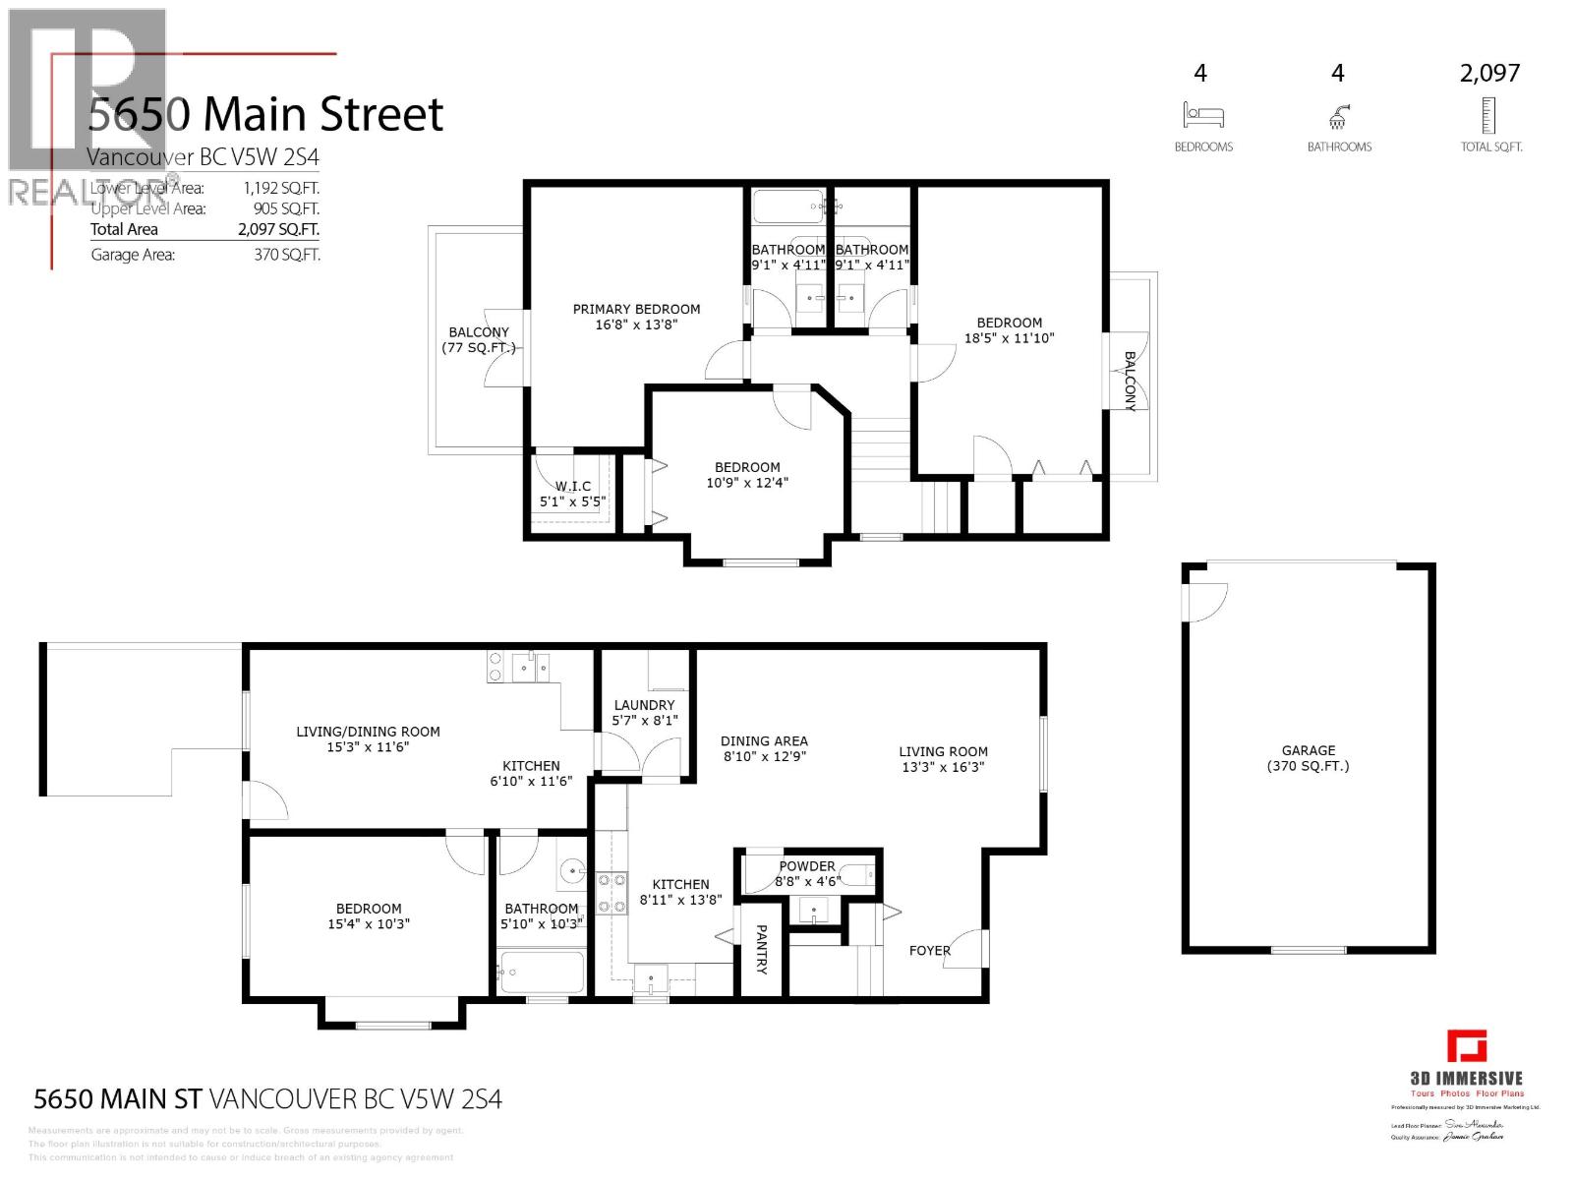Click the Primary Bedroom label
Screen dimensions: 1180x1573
[636, 317]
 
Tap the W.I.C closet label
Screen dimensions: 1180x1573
[572, 494]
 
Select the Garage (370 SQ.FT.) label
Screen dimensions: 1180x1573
[1308, 758]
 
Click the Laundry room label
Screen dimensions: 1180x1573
[644, 713]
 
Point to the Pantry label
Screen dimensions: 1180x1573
[761, 949]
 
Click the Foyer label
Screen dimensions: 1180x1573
[929, 951]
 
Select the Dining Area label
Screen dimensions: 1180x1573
[764, 749]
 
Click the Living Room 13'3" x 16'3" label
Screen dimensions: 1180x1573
[943, 759]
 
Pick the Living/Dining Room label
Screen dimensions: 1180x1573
[368, 739]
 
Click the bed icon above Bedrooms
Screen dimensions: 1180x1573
[1203, 116]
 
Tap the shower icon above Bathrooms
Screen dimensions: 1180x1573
[1338, 118]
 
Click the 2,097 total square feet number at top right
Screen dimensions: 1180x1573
[1489, 73]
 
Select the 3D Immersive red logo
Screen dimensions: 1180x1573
[1466, 1046]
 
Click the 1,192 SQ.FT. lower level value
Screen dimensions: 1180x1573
[281, 188]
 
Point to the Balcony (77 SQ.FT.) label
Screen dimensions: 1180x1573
[479, 340]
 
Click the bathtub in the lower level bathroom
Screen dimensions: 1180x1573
[542, 972]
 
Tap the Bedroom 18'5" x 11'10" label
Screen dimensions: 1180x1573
[1009, 330]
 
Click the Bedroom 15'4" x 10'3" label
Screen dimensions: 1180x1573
[369, 916]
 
